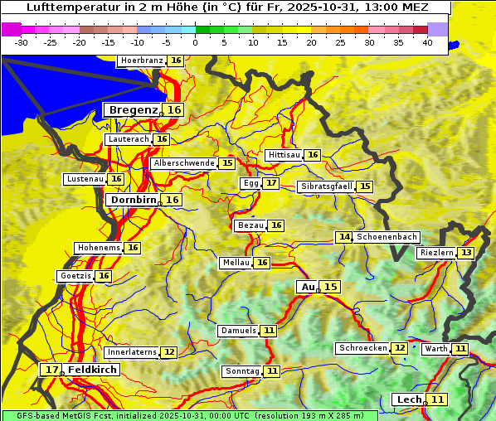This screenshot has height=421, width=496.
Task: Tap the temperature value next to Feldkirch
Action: click(52, 370)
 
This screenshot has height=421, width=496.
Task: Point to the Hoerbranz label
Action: click(141, 60)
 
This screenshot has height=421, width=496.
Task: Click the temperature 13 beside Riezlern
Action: click(467, 253)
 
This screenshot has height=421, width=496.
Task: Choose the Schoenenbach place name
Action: click(387, 237)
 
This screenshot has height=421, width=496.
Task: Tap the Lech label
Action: click(409, 399)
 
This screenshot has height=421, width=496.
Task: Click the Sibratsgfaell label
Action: click(327, 186)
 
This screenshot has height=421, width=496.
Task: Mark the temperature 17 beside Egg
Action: click(271, 183)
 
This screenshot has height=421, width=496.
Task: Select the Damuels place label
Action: click(238, 331)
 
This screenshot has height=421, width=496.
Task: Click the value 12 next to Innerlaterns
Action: click(168, 352)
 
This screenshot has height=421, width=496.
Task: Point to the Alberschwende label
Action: click(184, 163)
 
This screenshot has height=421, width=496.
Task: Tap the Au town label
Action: click(308, 287)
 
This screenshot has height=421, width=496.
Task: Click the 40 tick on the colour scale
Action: click(427, 42)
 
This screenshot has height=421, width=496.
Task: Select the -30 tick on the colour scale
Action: click(22, 42)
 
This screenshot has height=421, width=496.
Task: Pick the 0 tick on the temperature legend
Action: click(196, 42)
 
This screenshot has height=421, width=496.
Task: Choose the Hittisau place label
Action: click(284, 155)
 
